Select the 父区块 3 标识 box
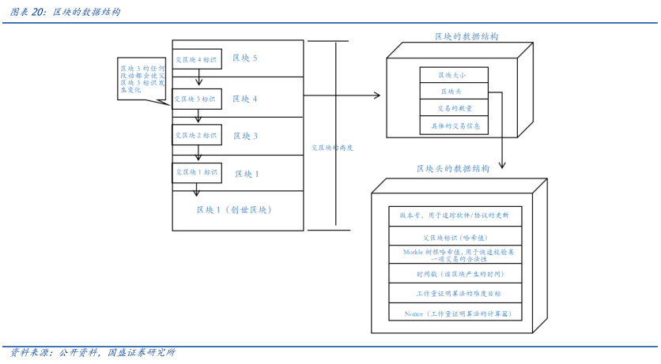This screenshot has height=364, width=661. [x=197, y=99]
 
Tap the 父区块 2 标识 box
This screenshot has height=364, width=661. [x=197, y=136]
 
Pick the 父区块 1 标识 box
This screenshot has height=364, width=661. [x=197, y=172]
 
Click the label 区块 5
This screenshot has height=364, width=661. [x=245, y=58]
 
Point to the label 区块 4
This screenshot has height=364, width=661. [x=245, y=99]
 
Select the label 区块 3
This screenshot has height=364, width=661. [x=245, y=136]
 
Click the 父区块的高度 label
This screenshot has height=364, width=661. [x=332, y=148]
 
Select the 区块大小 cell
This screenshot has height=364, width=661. [x=453, y=75]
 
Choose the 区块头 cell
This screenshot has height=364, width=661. [x=453, y=92]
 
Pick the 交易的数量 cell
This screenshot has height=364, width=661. [x=453, y=108]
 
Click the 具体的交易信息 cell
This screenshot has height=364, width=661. [x=453, y=125]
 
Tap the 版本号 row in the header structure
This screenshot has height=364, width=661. [x=455, y=216]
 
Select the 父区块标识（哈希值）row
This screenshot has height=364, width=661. [x=455, y=236]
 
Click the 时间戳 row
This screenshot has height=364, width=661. [x=455, y=274]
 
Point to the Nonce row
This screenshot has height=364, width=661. [x=455, y=313]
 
